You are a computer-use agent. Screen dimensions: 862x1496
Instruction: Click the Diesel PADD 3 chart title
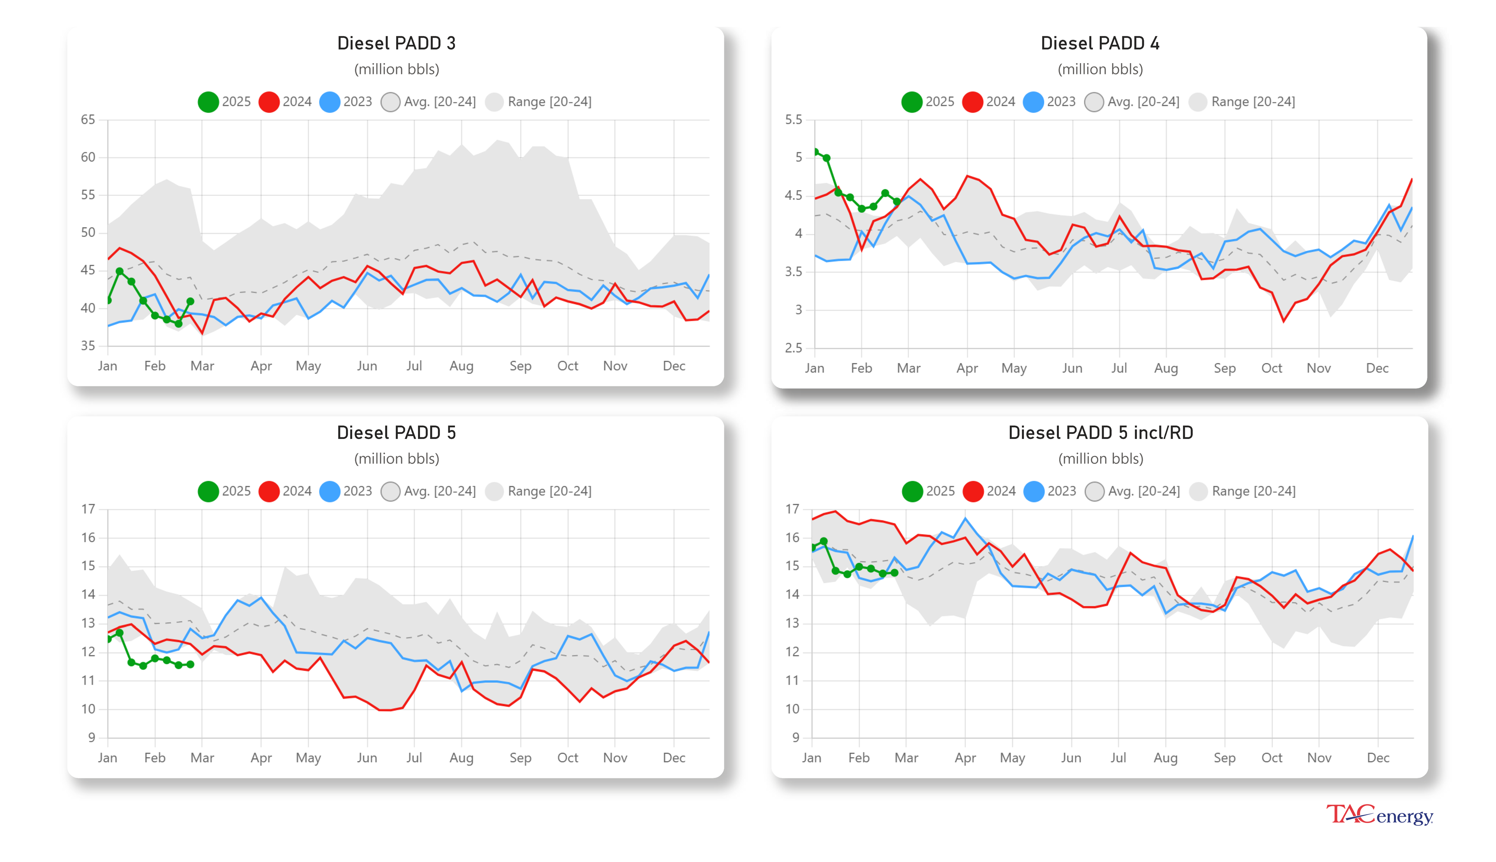(x=396, y=43)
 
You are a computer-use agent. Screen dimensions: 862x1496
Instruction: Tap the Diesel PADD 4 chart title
(x=1099, y=43)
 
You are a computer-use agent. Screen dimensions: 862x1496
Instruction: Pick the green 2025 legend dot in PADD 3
(x=208, y=102)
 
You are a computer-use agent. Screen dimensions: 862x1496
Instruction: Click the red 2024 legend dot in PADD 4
(x=972, y=102)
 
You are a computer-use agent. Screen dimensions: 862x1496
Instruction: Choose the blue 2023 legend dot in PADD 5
(x=329, y=492)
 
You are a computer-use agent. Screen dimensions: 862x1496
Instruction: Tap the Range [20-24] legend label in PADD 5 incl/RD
(x=1253, y=492)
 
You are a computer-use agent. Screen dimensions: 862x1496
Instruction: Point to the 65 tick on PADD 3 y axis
(x=88, y=120)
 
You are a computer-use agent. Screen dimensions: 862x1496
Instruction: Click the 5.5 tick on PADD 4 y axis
(x=793, y=120)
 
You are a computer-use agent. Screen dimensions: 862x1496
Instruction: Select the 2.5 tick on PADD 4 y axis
(x=793, y=348)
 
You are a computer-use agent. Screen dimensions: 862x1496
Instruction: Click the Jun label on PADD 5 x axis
(x=367, y=758)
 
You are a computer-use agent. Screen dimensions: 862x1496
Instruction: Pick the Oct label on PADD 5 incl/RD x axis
(x=1271, y=758)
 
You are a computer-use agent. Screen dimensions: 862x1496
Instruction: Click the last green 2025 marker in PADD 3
(x=190, y=301)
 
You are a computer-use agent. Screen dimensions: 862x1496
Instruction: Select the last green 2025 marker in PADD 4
(x=896, y=202)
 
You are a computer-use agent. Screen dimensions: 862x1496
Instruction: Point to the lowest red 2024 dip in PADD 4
(x=1283, y=321)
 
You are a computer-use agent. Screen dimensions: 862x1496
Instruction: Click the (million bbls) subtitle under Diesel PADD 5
(x=396, y=459)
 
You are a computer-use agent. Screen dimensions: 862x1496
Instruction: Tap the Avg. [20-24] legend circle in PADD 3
(x=390, y=102)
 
